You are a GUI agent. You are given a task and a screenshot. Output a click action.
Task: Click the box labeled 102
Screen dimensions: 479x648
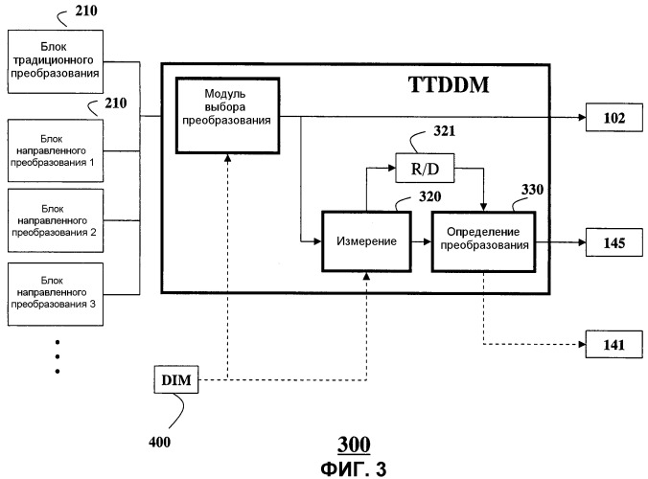tap(614, 119)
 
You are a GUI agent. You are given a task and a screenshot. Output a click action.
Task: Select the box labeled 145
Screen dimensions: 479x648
tap(614, 243)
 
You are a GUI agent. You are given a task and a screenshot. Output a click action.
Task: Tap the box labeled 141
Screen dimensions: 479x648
tap(614, 344)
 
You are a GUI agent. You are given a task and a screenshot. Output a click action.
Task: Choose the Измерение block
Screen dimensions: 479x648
tap(366, 241)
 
